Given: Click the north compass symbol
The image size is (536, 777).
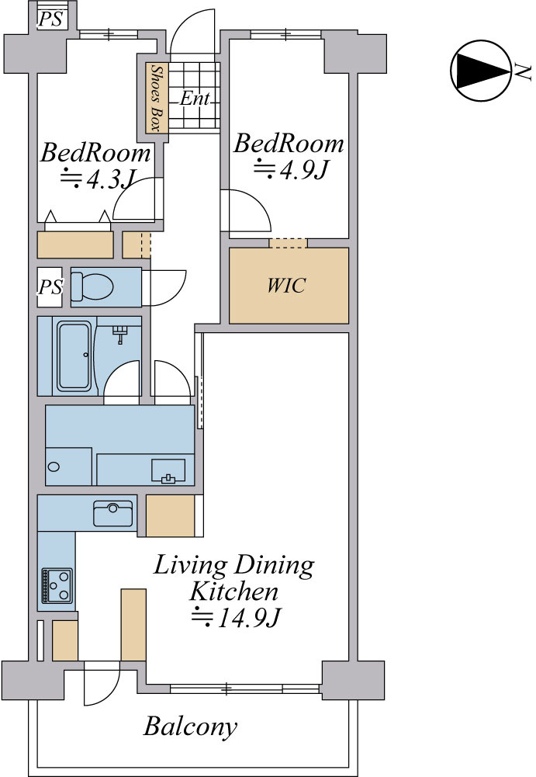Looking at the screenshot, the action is (x=480, y=71).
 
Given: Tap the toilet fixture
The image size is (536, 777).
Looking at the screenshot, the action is (x=93, y=286).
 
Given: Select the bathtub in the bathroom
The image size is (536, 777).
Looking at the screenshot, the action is (x=74, y=356).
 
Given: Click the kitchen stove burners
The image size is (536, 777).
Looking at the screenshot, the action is (x=57, y=586).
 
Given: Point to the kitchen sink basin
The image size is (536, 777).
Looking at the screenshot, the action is (x=113, y=513).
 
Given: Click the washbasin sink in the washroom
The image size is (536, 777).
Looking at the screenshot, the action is (x=168, y=470).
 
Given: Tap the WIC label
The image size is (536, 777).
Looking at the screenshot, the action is (x=286, y=286).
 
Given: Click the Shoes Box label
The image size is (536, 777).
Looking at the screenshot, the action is (x=157, y=98).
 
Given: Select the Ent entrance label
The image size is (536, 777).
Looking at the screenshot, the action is (x=195, y=98).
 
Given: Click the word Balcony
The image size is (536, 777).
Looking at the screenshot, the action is (x=190, y=727).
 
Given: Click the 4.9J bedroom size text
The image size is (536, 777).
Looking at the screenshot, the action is (x=292, y=170).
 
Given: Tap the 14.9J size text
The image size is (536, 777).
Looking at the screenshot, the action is (x=237, y=617).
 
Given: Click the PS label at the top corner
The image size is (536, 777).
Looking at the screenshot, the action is (x=51, y=19).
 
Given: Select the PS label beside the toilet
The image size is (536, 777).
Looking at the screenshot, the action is (x=51, y=287).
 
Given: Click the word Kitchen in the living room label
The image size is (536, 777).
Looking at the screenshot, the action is (x=233, y=591).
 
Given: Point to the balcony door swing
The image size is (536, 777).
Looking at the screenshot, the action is (x=102, y=686).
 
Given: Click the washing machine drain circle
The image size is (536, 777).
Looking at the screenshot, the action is (x=54, y=467).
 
